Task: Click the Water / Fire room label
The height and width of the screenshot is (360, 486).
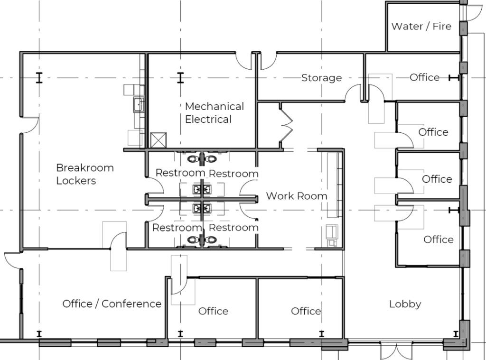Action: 421,27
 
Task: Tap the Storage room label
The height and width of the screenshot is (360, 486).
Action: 321,78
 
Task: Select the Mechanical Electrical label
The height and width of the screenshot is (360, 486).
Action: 214,113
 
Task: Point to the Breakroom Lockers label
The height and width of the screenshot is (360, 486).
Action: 85,174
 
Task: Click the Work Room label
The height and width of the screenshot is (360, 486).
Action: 297,196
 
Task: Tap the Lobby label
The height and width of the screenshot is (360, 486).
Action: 405,304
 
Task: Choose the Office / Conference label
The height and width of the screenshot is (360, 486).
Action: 112,304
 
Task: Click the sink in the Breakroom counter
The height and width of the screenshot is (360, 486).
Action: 138,104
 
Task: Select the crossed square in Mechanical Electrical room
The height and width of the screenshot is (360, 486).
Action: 158,140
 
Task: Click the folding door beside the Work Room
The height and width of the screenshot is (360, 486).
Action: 287,126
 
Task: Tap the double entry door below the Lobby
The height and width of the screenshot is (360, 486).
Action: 396,351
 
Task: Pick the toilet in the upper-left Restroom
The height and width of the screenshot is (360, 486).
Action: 194,159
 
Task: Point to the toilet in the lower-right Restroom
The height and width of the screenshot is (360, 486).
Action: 211,240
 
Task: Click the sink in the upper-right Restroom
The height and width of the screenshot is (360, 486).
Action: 207,189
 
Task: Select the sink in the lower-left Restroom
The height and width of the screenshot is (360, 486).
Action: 197,209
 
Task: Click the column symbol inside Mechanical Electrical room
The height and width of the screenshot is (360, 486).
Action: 180,78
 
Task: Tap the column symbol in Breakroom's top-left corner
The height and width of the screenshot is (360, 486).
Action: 39,78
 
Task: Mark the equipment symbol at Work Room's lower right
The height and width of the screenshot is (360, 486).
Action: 332,235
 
